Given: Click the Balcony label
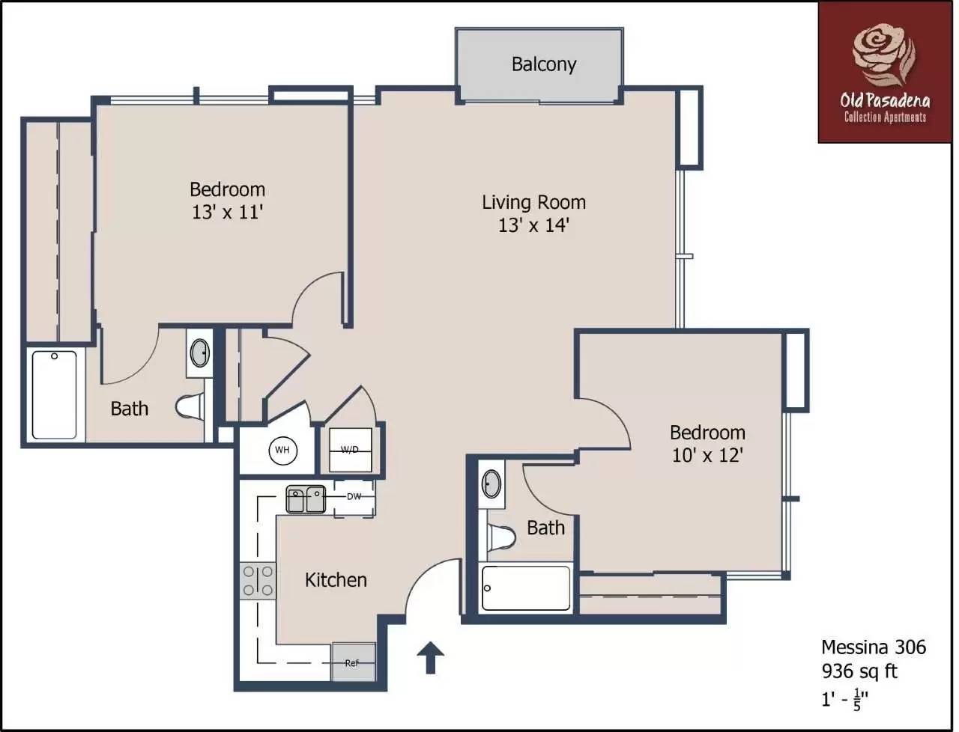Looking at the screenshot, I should coord(543,64).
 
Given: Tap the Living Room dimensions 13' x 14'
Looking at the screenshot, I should coord(533,225).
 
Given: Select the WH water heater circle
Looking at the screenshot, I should coord(282,450).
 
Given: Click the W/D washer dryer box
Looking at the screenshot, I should coord(350,450).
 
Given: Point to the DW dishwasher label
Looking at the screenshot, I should coord(354,497).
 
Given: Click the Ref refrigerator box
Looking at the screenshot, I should coord(353,662).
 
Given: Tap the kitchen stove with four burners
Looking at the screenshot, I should coord(258,581).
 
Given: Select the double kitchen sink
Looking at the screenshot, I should coord(306,499).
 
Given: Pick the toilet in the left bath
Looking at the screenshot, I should coord(190,406).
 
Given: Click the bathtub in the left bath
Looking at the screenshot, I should coord(54,394).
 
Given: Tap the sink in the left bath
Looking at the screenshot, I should coord(199,353).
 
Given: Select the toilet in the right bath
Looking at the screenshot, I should coord(501,537).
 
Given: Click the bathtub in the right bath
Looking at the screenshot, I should coord(525,588).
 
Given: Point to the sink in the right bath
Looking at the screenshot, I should coord(491,484).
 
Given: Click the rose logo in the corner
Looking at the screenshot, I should coord(884,54).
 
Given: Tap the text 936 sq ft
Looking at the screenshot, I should coord(859,671).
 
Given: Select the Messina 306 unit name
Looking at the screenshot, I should coord(874,647).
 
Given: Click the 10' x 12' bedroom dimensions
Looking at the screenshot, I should coord(707,455).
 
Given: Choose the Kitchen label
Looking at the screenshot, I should coord(336,580).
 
